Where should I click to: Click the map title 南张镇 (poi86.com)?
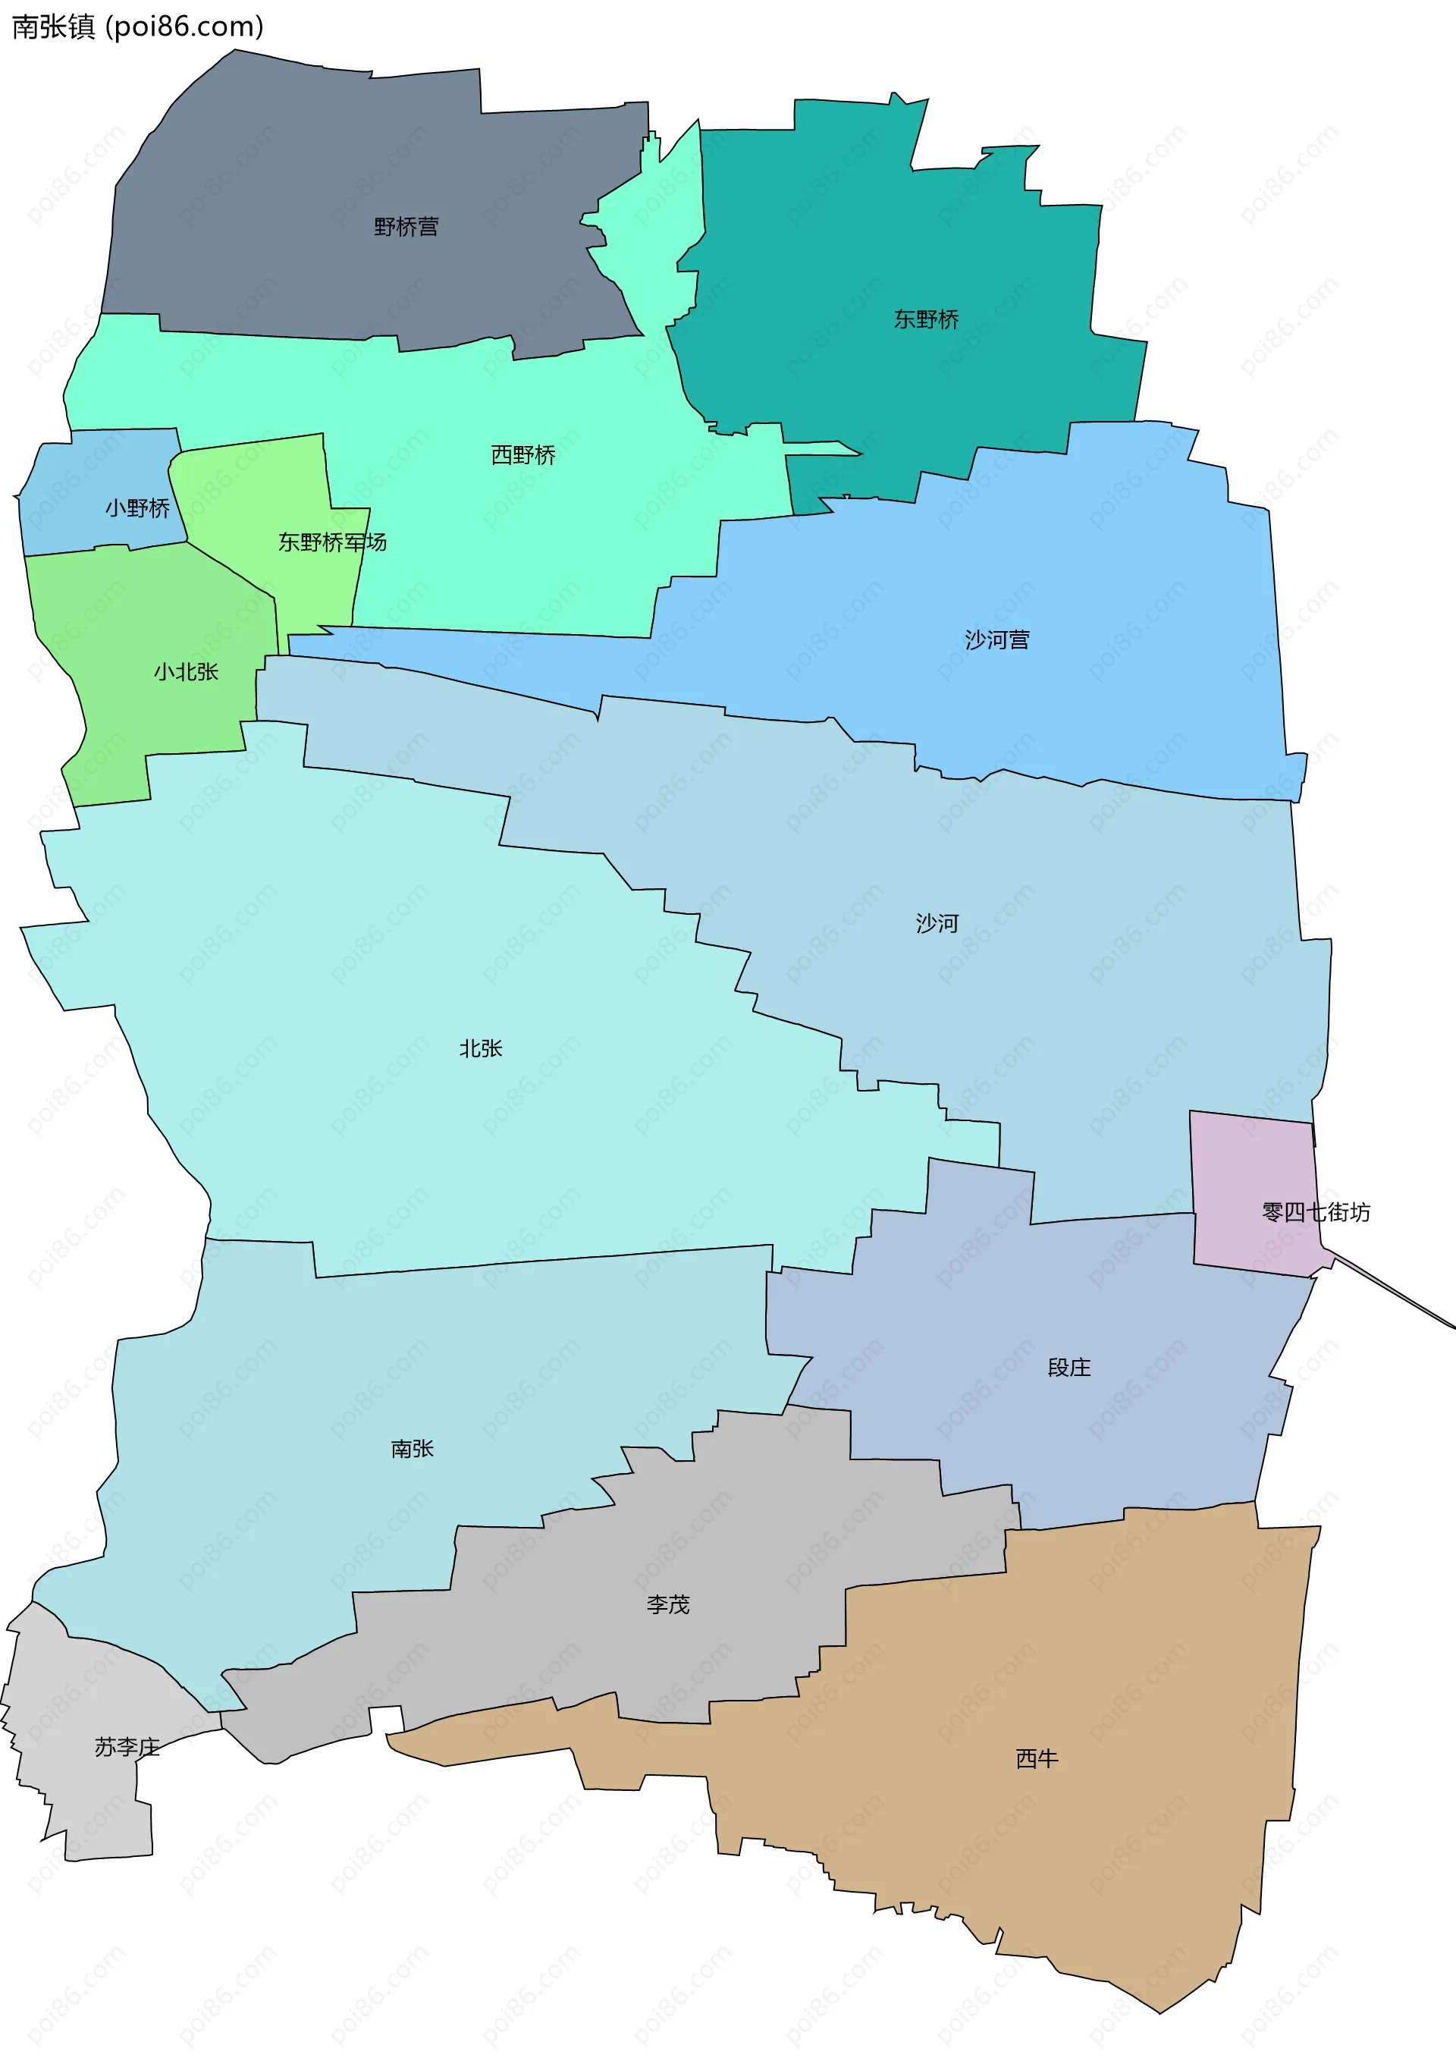click(x=137, y=27)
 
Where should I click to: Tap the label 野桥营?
click(x=406, y=227)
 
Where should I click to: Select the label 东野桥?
click(x=926, y=319)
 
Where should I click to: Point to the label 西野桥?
click(x=523, y=455)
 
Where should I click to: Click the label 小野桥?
click(x=137, y=508)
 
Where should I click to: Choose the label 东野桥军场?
click(x=331, y=542)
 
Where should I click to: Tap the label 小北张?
click(x=186, y=671)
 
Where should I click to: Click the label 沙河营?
click(x=996, y=640)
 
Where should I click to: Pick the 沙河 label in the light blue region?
click(x=937, y=923)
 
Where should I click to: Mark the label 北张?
click(x=481, y=1048)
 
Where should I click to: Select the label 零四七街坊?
click(x=1316, y=1213)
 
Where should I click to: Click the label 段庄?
click(x=1068, y=1368)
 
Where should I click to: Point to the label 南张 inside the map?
click(x=413, y=1448)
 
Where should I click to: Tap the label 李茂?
click(x=668, y=1604)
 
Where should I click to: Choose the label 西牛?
click(x=1037, y=1758)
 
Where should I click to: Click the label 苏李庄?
click(x=127, y=1747)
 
